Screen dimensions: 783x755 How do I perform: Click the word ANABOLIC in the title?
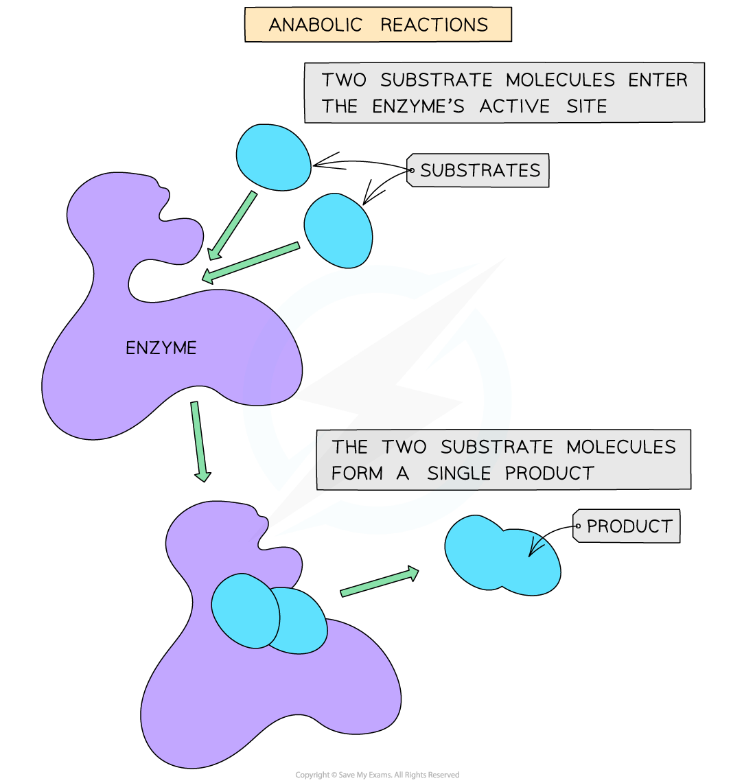pyautogui.click(x=315, y=25)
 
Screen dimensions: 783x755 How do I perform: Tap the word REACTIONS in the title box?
pyautogui.click(x=434, y=25)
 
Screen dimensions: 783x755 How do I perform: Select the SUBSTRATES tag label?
pyautogui.click(x=480, y=170)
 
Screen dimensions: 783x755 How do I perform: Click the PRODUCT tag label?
pyautogui.click(x=629, y=526)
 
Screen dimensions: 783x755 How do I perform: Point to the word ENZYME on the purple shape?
pyautogui.click(x=161, y=348)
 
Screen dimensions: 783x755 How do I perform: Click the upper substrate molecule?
pyautogui.click(x=272, y=157)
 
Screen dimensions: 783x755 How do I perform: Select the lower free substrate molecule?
pyautogui.click(x=338, y=230)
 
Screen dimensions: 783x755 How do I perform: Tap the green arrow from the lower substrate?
pyautogui.click(x=251, y=262)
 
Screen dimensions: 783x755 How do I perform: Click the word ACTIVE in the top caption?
pyautogui.click(x=514, y=106)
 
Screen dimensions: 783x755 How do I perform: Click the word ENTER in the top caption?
pyautogui.click(x=658, y=80)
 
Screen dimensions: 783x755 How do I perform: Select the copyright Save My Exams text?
pyautogui.click(x=377, y=775)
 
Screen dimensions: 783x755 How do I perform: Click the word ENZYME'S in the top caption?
pyautogui.click(x=418, y=106)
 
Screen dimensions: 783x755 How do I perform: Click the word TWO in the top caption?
pyautogui.click(x=345, y=80)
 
